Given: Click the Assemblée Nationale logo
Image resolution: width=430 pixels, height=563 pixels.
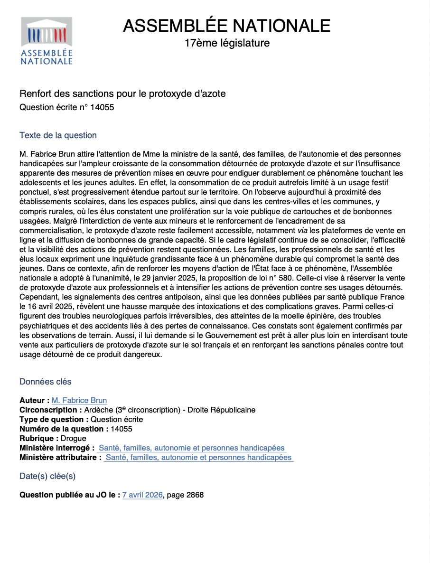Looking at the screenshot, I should tap(47, 41).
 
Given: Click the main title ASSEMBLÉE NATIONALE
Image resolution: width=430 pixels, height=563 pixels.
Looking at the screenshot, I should tap(227, 25).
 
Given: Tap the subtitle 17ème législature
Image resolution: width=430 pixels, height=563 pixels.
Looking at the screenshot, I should tap(227, 43).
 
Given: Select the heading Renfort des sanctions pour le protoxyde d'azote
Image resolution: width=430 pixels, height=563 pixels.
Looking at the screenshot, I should tap(122, 94).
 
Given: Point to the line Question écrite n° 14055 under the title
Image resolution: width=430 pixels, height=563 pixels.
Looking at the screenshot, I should tap(67, 107).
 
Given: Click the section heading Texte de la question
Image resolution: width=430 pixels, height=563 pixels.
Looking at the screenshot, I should tap(58, 135).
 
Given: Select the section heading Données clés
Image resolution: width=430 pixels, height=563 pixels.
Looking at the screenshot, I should tap(46, 382).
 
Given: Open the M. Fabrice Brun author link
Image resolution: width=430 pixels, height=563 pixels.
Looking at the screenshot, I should tap(79, 401).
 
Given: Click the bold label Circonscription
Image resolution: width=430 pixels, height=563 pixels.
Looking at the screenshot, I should tap(48, 410).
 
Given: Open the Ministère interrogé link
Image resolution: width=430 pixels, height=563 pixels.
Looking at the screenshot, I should tap(192, 448).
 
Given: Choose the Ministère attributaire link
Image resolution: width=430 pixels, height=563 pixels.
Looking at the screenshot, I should tap(198, 458).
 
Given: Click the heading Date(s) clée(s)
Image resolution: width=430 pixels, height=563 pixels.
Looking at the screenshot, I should tap(47, 476).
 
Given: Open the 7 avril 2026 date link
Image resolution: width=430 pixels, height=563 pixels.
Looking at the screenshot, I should tap(142, 495).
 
